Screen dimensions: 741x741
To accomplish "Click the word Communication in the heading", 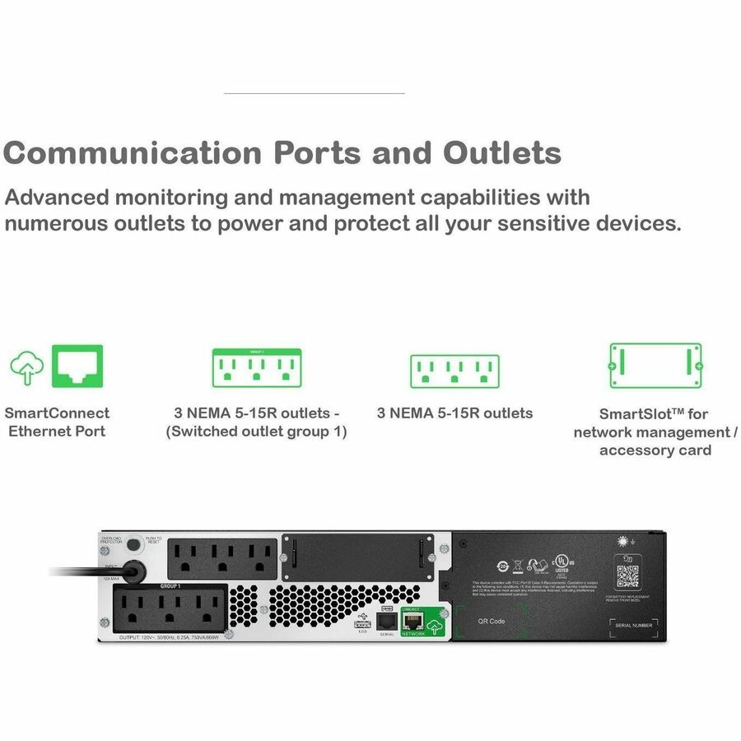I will (132, 153).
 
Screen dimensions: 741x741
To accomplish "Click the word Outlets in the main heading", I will (502, 153).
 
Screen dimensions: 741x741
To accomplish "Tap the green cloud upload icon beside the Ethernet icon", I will (26, 368).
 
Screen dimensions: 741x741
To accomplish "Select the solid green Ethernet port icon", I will (77, 366).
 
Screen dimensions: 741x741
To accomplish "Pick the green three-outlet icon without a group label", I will (454, 371).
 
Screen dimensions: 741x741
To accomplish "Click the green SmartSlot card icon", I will (655, 366).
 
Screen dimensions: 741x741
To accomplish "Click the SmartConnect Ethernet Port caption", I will (57, 422).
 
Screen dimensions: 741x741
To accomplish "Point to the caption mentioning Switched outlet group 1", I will (256, 431).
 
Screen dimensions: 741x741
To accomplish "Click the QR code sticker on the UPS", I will (627, 576).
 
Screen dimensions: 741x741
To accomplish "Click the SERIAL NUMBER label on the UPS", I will (634, 626).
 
